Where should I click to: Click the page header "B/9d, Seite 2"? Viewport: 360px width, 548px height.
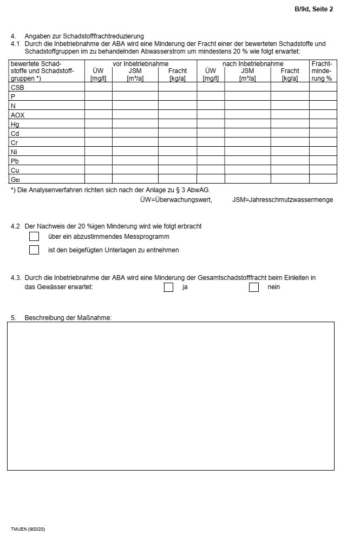point(313,9)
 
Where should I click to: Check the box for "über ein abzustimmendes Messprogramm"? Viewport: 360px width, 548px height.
point(34,237)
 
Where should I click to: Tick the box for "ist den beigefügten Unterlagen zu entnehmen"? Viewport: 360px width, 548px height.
point(34,250)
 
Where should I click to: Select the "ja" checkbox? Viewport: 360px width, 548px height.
point(168,287)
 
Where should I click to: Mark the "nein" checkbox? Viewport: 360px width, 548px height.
point(254,287)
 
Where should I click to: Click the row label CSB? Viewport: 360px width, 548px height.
point(17,87)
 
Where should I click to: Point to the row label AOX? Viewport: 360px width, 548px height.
point(18,115)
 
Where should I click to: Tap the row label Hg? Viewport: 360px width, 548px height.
point(15,124)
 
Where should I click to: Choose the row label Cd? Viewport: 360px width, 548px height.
point(15,133)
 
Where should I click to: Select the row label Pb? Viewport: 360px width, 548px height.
point(15,161)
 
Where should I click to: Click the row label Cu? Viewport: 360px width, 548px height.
point(15,170)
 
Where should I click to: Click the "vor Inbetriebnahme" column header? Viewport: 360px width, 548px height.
point(140,64)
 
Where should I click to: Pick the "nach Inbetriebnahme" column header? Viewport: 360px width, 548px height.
point(253,64)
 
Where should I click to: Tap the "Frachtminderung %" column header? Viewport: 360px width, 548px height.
point(323,71)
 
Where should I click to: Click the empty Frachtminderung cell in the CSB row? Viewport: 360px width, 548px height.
point(323,87)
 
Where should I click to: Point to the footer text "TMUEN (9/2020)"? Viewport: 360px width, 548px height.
point(28,529)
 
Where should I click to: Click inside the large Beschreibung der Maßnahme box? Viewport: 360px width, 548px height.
point(171,395)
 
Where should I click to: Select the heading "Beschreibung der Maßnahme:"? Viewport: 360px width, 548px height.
point(68,318)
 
